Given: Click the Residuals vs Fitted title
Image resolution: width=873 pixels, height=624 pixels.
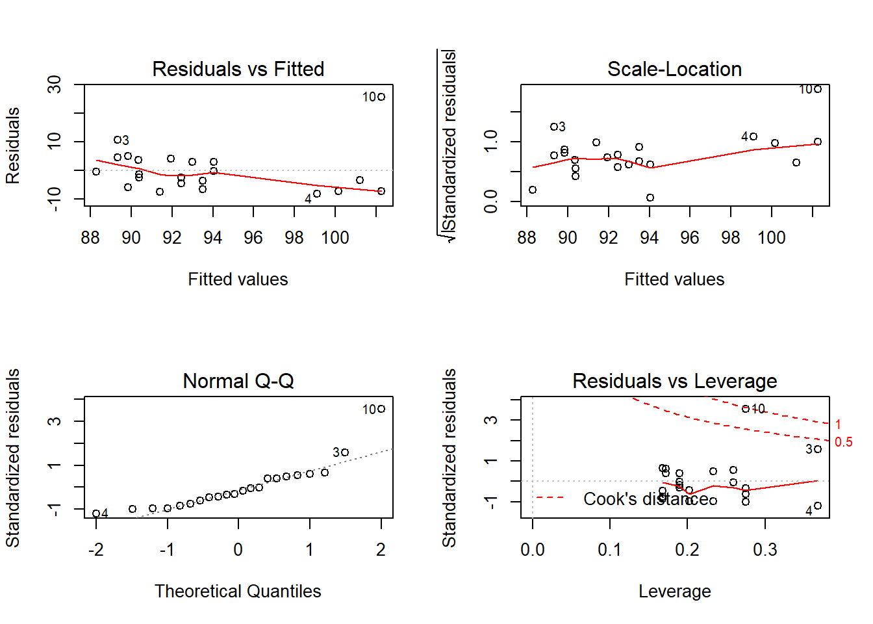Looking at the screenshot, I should [238, 69].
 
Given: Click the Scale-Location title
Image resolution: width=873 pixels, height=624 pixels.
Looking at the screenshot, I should [674, 69].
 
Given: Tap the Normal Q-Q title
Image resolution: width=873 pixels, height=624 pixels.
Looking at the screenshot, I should [238, 381].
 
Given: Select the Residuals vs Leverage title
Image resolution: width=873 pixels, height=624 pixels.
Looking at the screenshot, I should [674, 381].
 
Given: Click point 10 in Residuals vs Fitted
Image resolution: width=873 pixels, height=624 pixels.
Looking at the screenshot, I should [381, 97].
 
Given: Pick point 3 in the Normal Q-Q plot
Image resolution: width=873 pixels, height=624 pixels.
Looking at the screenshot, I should [345, 452].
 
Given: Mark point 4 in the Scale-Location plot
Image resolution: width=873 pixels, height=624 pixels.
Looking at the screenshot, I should [753, 136].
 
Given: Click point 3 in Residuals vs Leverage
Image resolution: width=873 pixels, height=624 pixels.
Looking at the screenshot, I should [818, 449].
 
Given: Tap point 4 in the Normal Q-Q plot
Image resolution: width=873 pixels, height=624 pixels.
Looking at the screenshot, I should [96, 513].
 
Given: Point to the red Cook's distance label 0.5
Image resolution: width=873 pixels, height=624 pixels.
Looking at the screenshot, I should [843, 442].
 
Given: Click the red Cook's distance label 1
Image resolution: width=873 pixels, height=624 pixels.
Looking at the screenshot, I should [838, 424].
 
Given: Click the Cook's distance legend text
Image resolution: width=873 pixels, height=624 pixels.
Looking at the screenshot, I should [646, 499].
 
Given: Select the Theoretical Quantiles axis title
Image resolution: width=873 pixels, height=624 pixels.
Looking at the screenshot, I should [238, 591].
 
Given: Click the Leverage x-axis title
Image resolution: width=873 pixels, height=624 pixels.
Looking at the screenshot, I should [674, 591].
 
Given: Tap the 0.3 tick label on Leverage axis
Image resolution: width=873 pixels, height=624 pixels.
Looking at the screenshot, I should [765, 550].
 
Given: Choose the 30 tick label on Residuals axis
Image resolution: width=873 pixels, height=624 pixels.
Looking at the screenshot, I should [55, 84].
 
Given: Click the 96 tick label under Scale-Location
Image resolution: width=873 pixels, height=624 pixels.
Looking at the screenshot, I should [690, 238].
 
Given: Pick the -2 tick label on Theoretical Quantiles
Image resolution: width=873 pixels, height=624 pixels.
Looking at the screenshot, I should [96, 550].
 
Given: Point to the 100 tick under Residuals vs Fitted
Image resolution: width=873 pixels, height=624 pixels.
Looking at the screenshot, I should [335, 238].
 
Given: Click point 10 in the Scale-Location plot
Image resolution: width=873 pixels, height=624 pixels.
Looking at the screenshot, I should [818, 89].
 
